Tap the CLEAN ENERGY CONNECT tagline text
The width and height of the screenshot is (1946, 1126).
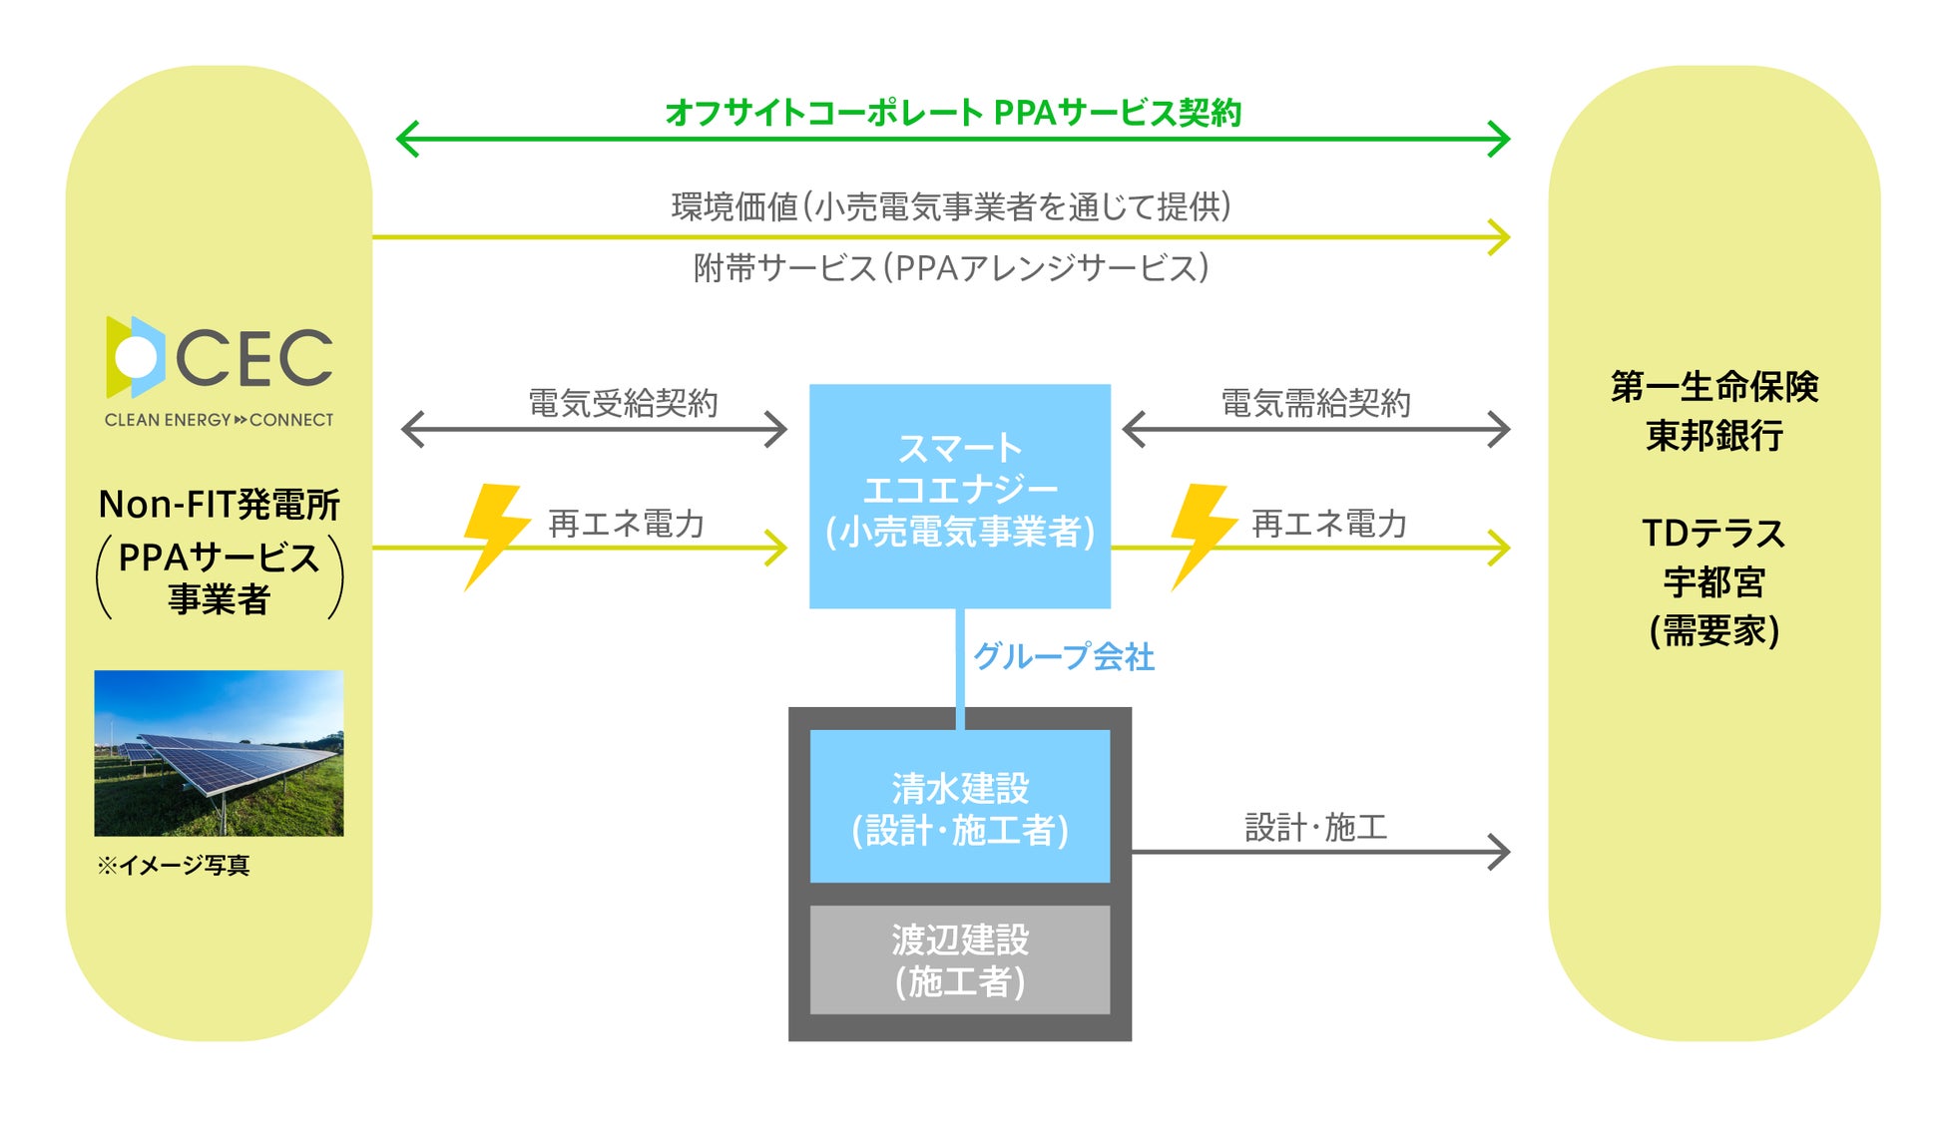click(x=219, y=420)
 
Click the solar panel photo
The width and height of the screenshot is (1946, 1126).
click(x=219, y=753)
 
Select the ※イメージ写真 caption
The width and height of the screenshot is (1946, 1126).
click(x=173, y=865)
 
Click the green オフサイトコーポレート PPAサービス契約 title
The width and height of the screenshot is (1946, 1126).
click(x=952, y=113)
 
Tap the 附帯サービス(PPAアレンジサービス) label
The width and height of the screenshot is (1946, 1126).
click(x=950, y=267)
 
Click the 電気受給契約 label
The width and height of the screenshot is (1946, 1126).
click(x=623, y=403)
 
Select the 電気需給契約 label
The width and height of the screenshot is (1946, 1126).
click(x=1315, y=403)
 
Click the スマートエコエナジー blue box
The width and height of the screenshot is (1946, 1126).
click(x=959, y=496)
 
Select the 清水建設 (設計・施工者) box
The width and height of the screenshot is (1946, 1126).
click(x=959, y=807)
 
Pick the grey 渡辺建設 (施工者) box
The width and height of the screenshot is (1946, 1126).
click(x=959, y=959)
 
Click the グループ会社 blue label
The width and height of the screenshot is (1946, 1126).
click(x=1063, y=656)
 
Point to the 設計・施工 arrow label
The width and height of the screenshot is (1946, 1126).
click(x=1315, y=827)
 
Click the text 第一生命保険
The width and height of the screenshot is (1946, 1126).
click(x=1713, y=386)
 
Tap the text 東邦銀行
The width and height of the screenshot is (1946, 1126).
click(x=1713, y=436)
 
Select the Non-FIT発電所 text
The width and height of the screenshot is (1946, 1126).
click(x=219, y=505)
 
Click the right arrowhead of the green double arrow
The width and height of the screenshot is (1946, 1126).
click(x=1500, y=139)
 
